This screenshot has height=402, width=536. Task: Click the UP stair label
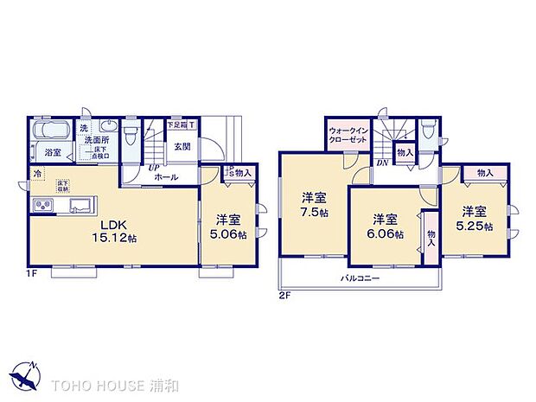[x=152, y=167]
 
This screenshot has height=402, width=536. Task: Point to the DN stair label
[x=380, y=163]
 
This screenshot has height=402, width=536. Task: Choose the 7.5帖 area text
[x=314, y=212]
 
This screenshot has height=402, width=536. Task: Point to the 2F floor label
[x=285, y=295]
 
